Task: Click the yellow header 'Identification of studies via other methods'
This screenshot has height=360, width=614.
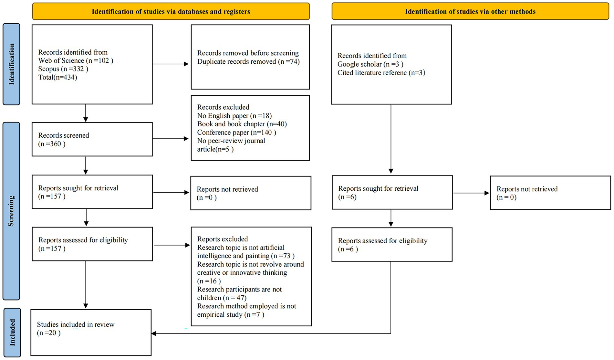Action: click(x=470, y=12)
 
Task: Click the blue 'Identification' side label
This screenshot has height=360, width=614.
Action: click(x=12, y=64)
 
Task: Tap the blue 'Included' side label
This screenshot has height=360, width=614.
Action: click(x=12, y=332)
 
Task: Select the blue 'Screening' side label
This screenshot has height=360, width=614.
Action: click(x=11, y=211)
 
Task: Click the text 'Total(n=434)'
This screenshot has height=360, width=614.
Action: click(x=57, y=77)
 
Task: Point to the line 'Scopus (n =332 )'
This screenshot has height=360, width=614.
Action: click(x=63, y=69)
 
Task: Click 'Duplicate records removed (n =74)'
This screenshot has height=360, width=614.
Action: click(x=248, y=62)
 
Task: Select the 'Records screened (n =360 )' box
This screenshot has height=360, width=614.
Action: click(x=92, y=139)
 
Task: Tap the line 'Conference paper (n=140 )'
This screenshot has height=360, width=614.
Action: click(x=236, y=132)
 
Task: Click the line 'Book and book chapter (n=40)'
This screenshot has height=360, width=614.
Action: click(x=242, y=124)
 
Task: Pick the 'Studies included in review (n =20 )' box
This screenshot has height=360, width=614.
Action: click(x=91, y=333)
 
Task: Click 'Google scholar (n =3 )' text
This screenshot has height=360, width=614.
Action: click(x=370, y=64)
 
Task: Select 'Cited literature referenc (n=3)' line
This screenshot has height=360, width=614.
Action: click(x=381, y=73)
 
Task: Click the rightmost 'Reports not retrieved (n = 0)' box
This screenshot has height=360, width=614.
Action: click(x=550, y=193)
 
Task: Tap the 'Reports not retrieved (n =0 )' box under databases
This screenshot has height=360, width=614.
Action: click(x=251, y=193)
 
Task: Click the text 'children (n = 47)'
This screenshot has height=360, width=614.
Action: click(x=222, y=298)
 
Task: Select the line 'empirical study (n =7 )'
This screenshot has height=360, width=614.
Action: click(x=230, y=315)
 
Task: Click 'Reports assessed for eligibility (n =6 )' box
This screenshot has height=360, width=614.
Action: click(x=391, y=245)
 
